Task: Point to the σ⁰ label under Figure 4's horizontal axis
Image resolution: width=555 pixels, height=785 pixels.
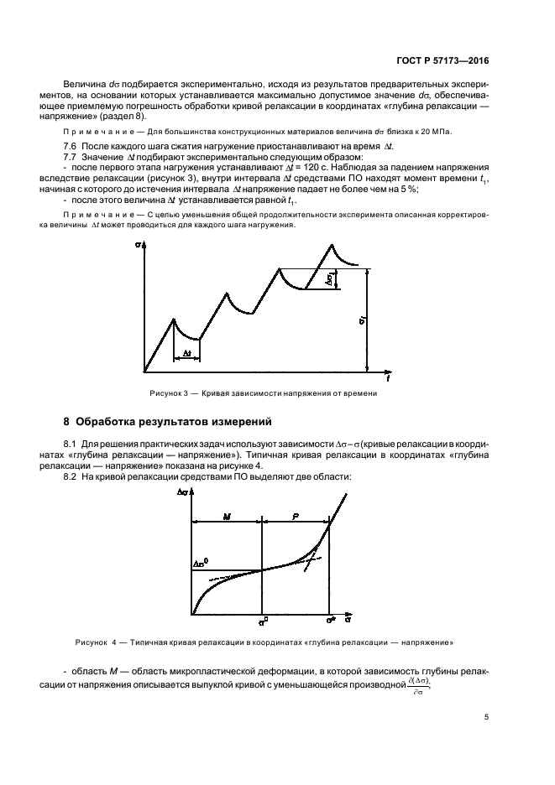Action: [x=263, y=621]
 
